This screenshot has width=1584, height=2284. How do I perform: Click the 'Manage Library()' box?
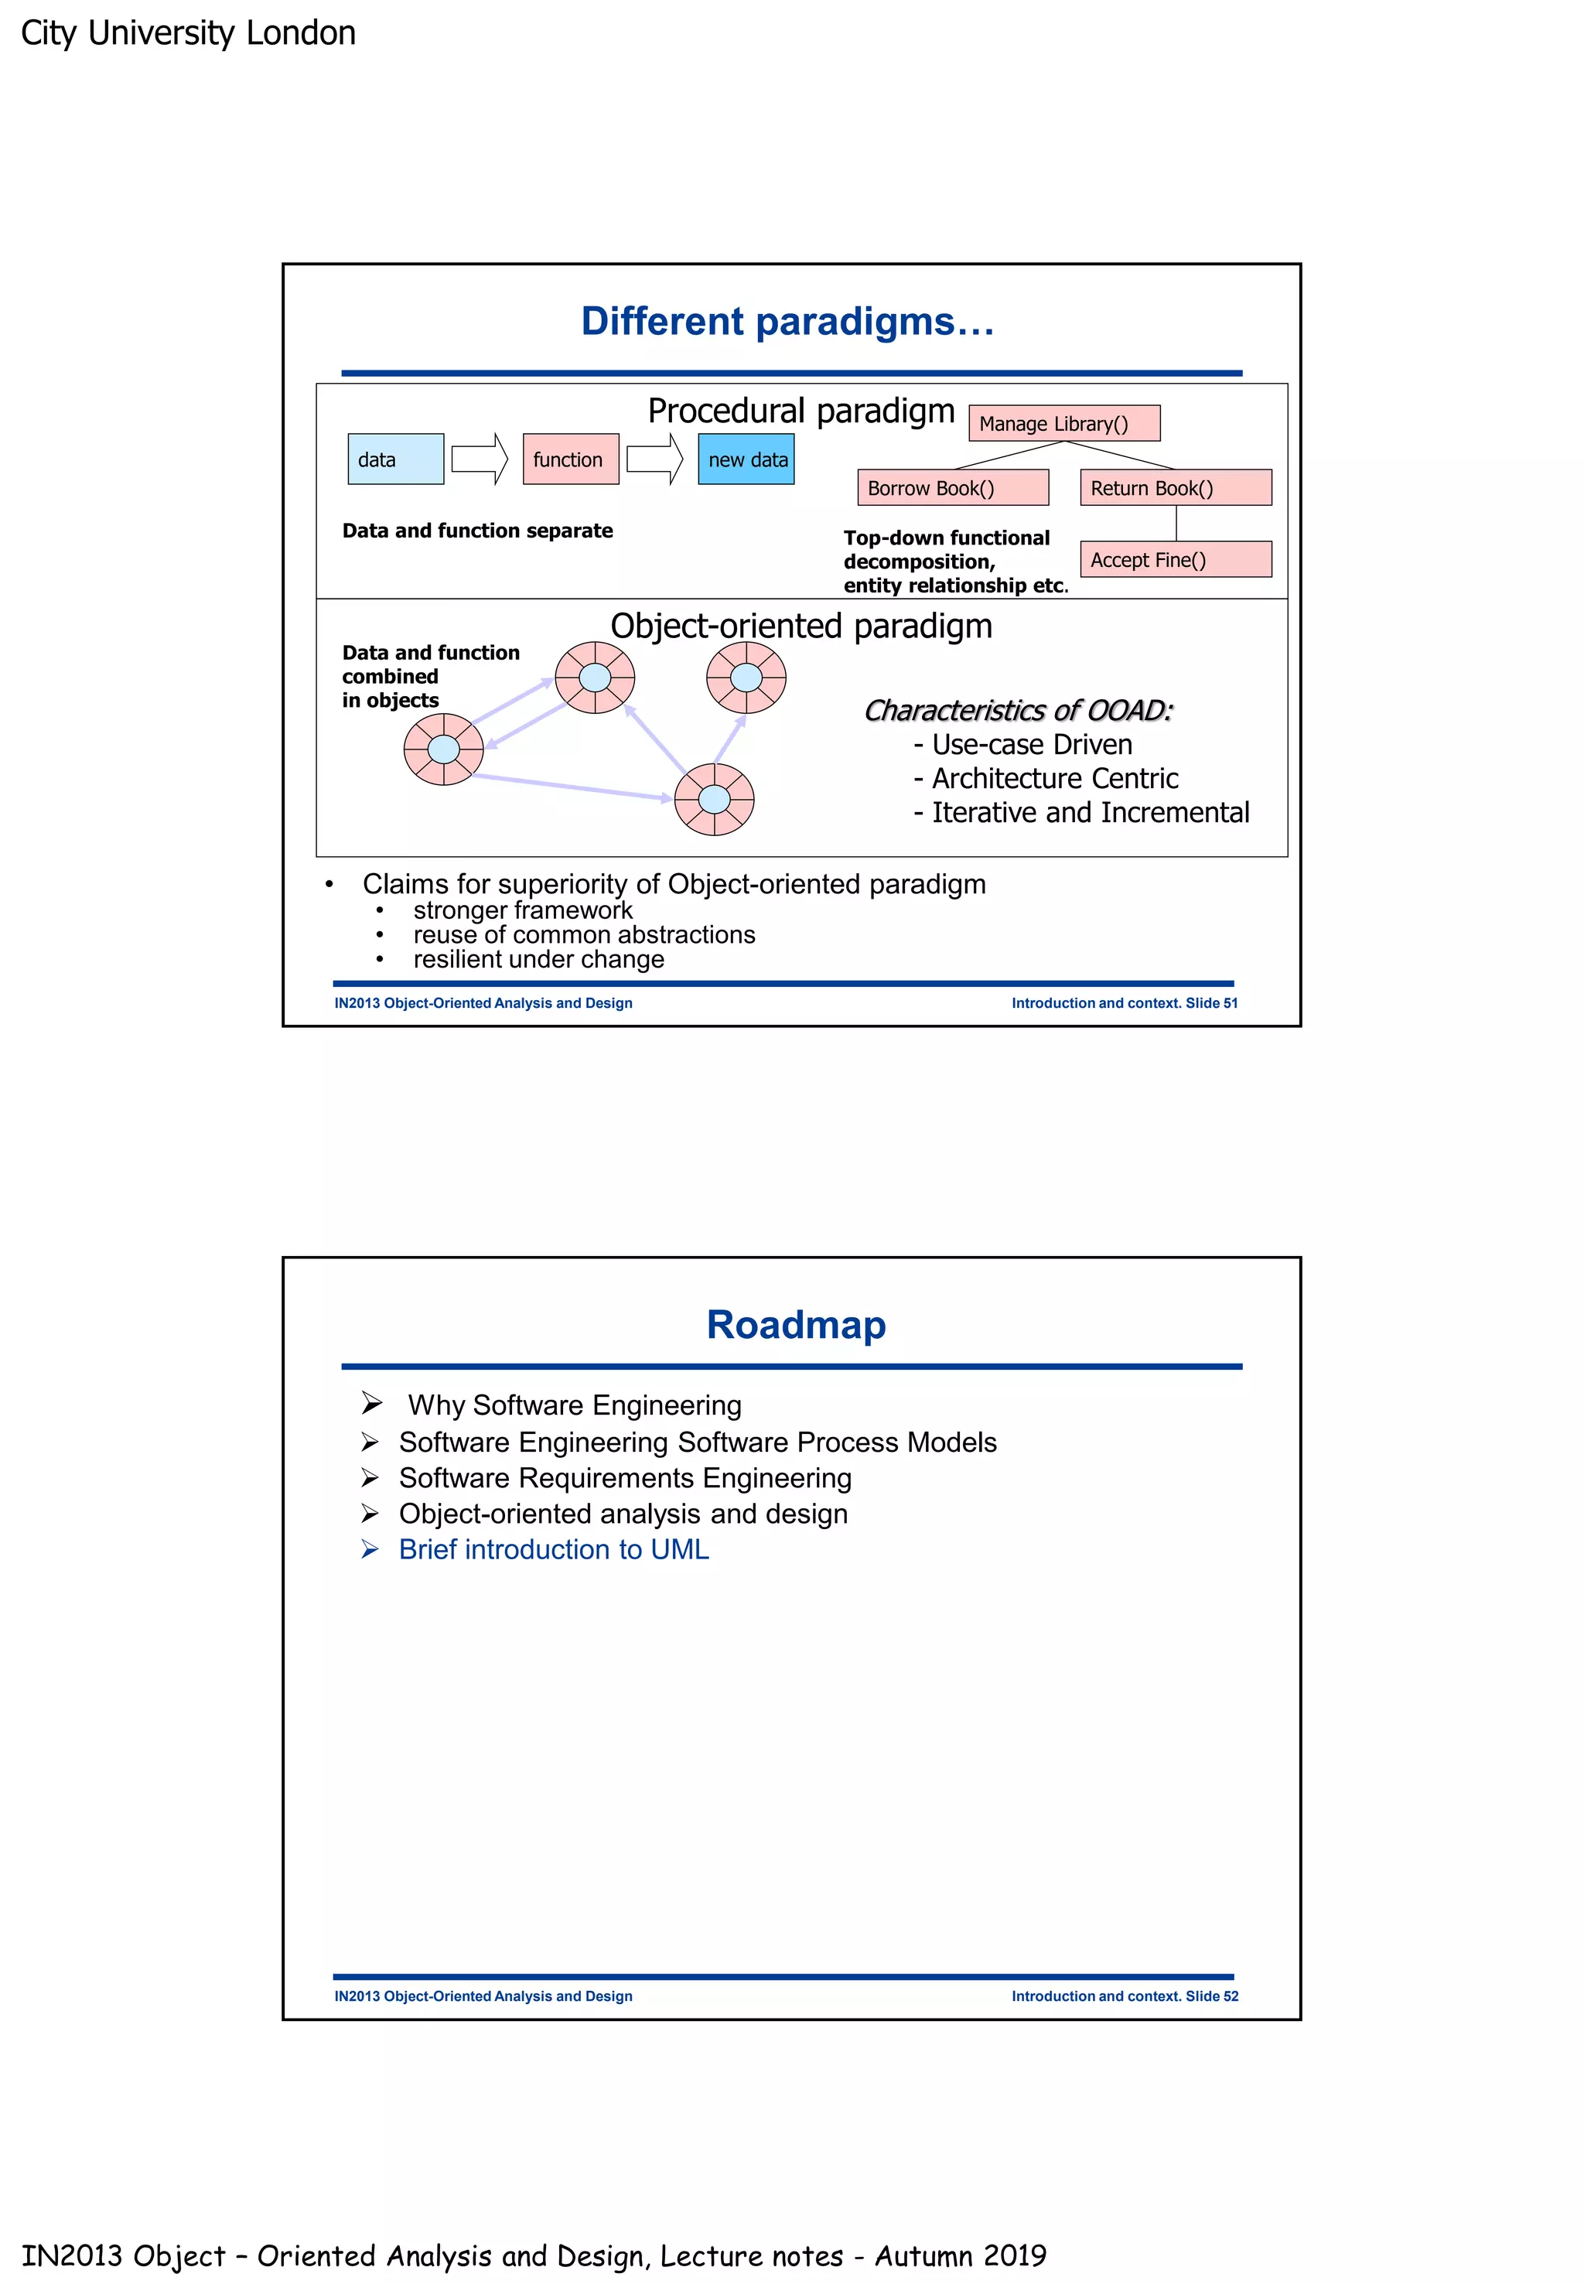point(1064,423)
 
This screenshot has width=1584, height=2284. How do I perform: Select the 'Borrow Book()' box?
point(953,487)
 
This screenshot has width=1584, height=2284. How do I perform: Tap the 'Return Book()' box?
point(1175,487)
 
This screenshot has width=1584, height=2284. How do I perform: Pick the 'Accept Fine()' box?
point(1175,559)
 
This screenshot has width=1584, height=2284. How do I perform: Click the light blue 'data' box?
point(395,459)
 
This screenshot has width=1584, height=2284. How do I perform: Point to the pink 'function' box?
point(571,459)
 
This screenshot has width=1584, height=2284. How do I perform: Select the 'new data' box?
point(746,459)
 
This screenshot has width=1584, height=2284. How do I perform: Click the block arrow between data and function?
point(480,459)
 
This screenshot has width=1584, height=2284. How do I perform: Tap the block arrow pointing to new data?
point(655,459)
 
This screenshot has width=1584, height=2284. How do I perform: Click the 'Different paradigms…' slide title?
point(787,321)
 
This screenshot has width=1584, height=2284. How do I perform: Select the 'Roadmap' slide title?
point(796,1324)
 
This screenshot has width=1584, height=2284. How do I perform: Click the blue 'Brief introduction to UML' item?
point(553,1549)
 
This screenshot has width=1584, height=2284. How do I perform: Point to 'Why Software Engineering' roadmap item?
point(575,1405)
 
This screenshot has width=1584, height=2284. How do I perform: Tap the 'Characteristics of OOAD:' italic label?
point(1019,710)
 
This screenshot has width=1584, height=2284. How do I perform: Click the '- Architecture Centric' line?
point(1046,778)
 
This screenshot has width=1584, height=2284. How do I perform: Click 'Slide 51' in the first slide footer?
point(1212,1002)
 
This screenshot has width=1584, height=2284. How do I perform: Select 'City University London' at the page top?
point(189,32)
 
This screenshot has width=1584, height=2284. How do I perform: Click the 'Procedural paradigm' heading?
point(801,410)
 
